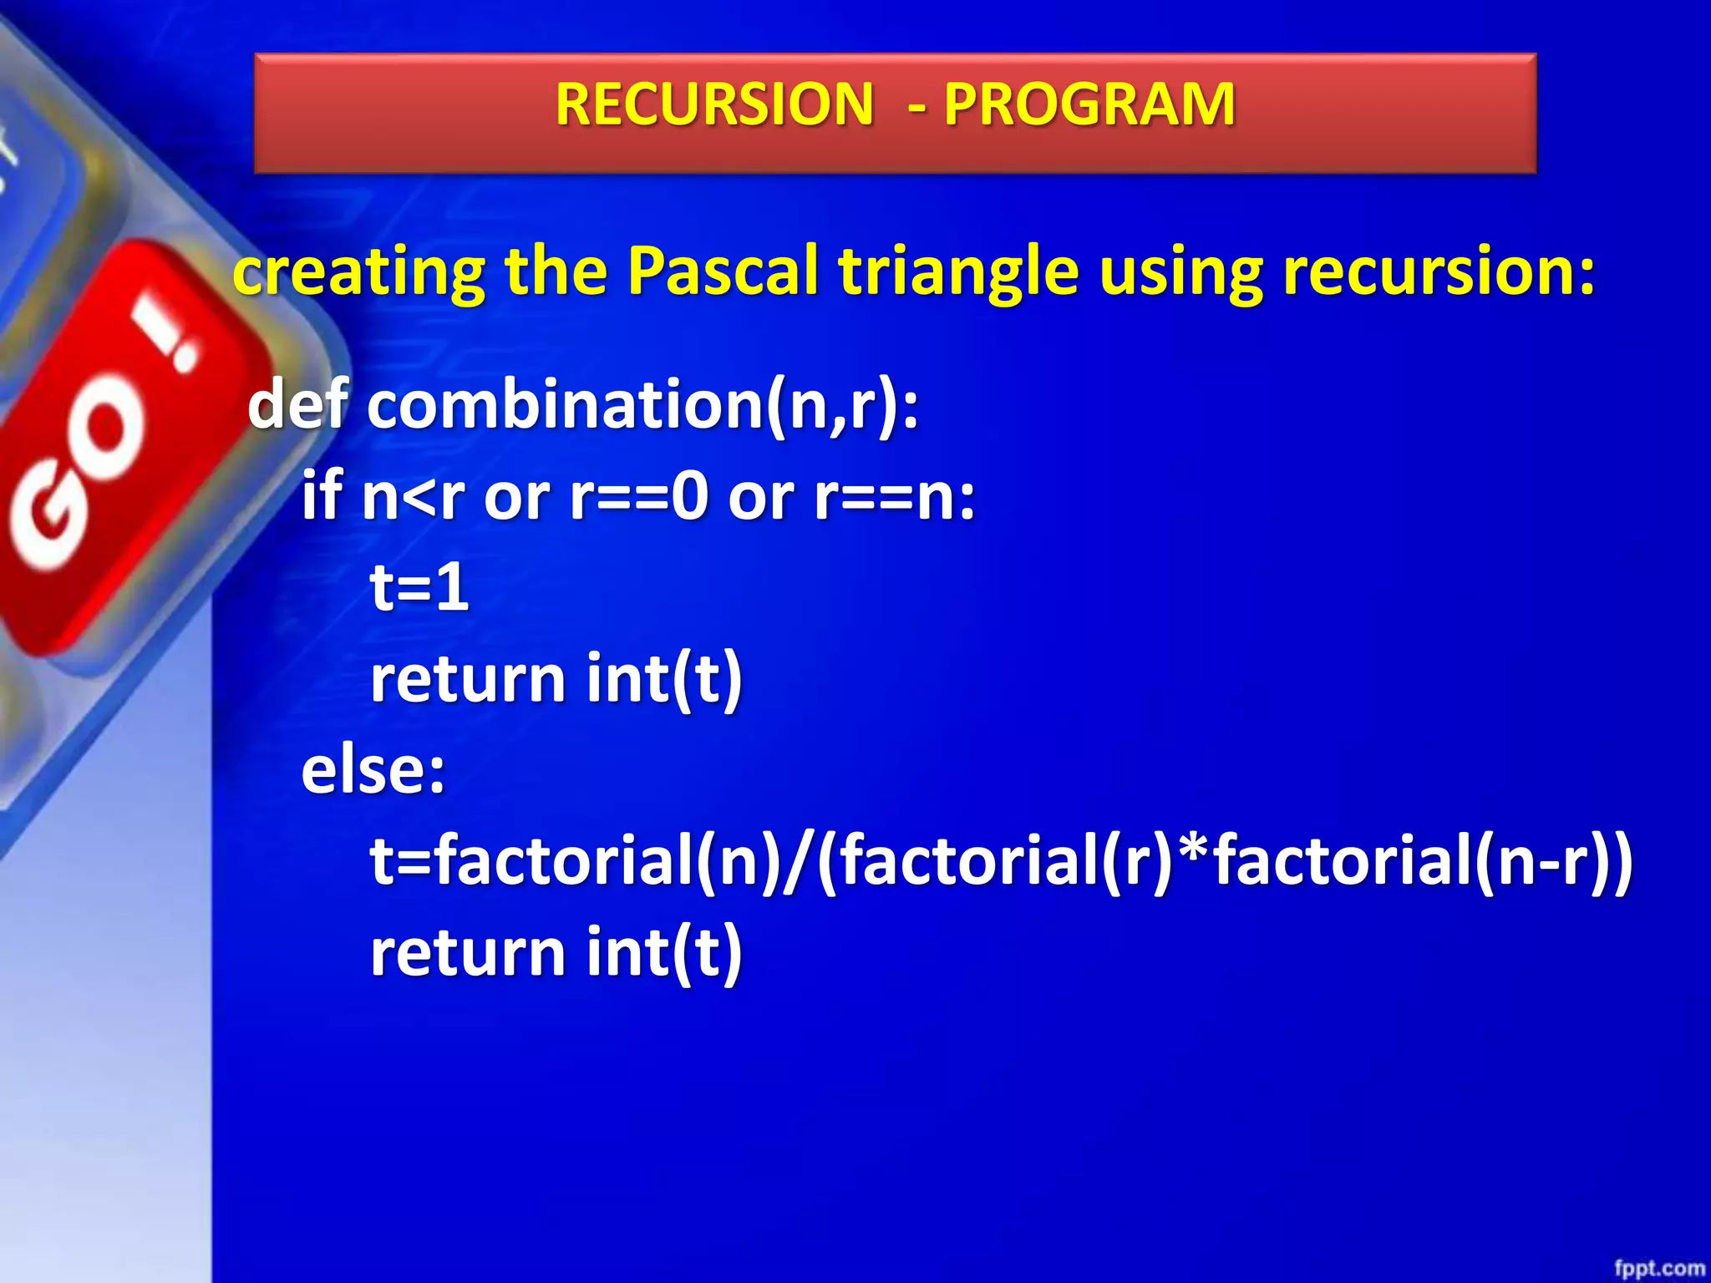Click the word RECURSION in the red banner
pos(714,104)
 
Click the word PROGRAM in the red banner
pos(1089,104)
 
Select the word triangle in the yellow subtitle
pos(958,272)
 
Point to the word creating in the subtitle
pos(359,272)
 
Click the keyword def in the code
pos(297,404)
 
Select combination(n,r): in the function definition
pos(643,406)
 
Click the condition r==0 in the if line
pos(639,496)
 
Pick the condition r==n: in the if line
pos(894,496)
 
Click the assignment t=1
pos(419,586)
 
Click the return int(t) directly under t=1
pos(556,678)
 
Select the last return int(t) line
pos(556,952)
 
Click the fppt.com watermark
pos(1658,1268)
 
